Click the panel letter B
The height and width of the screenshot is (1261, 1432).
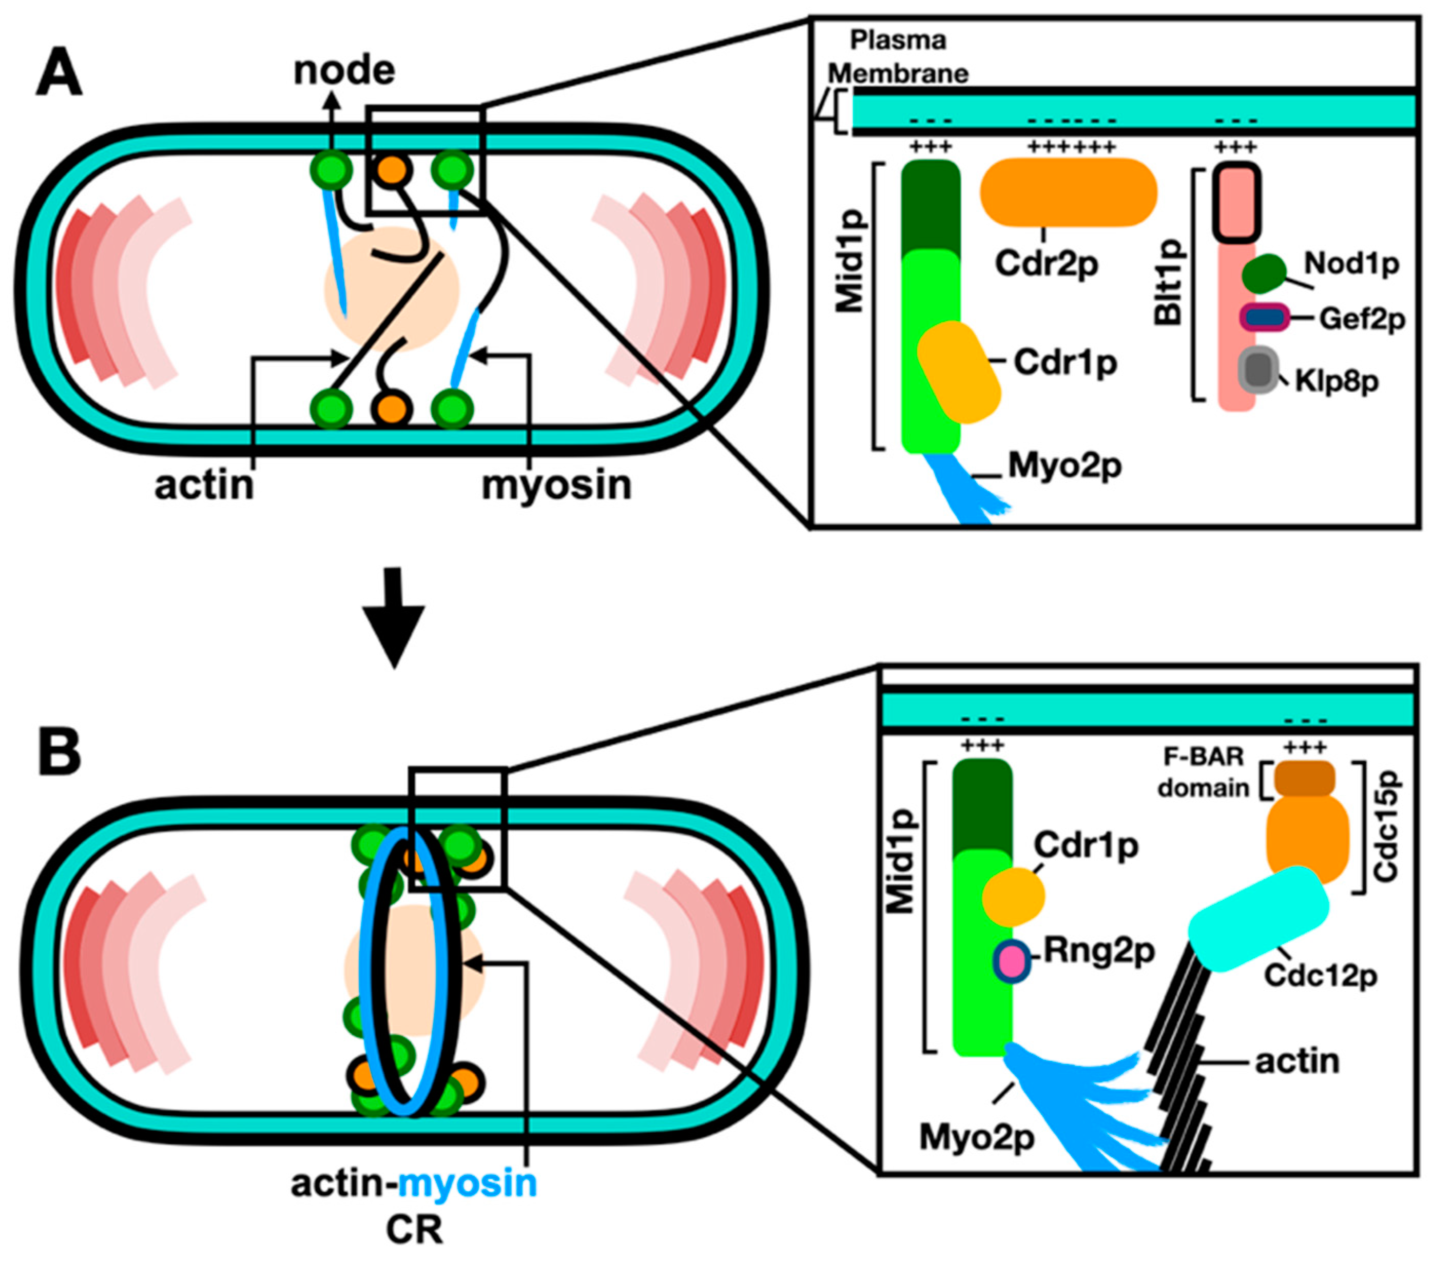59,752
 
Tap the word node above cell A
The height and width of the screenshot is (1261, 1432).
343,71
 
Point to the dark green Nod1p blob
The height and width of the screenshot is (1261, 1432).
1263,273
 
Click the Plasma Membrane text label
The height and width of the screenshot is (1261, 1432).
898,56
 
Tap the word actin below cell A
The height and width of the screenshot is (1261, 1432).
204,485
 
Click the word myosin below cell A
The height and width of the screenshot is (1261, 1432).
556,485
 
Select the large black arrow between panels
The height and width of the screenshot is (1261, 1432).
394,616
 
